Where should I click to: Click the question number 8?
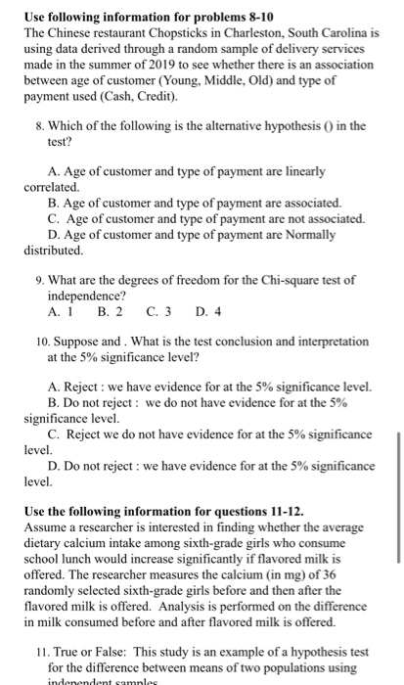pos(37,124)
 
